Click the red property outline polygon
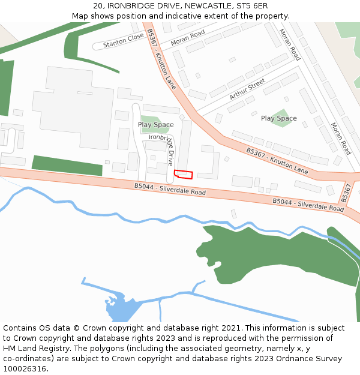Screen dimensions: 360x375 [x=184, y=175]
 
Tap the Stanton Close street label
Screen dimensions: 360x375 [x=124, y=40]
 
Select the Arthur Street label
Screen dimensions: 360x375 [x=247, y=90]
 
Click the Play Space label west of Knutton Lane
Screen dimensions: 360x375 [x=155, y=125]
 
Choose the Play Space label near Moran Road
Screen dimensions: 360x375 [x=278, y=118]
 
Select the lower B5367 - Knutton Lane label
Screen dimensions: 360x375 [x=277, y=162]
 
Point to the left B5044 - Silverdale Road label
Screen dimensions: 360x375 [x=170, y=190]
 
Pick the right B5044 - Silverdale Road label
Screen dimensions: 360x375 [x=308, y=205]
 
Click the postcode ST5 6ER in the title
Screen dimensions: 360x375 [x=251, y=6]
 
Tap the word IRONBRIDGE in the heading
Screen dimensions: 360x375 [x=133, y=6]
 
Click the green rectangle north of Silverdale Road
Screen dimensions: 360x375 [x=67, y=165]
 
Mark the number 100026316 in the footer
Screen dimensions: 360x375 [x=25, y=368]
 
